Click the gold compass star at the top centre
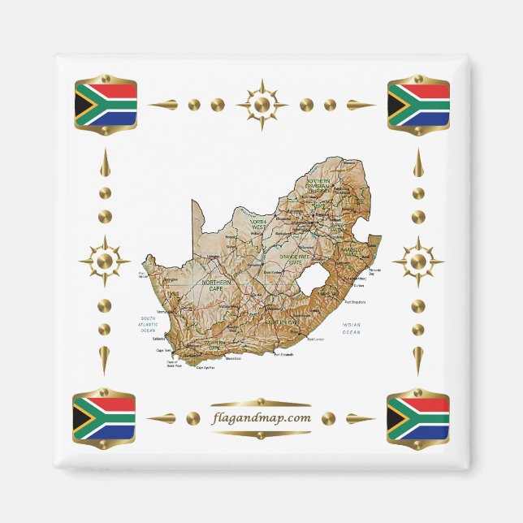pyautogui.click(x=261, y=105)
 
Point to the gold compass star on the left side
pyautogui.click(x=104, y=261)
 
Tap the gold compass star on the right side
pyautogui.click(x=418, y=261)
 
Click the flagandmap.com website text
pyautogui.click(x=260, y=418)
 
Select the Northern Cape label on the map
pyautogui.click(x=218, y=284)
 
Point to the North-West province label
pyautogui.click(x=258, y=225)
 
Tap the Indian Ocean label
pyautogui.click(x=351, y=328)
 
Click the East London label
pyautogui.click(x=318, y=338)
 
